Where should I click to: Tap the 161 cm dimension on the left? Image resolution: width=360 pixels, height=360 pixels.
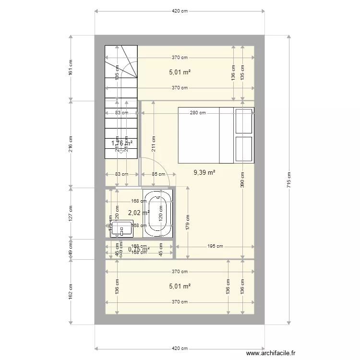pyautogui.click(x=71, y=68)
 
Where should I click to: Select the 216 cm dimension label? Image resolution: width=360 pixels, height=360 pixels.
pyautogui.click(x=71, y=144)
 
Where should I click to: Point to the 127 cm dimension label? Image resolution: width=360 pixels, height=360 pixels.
pyautogui.click(x=71, y=213)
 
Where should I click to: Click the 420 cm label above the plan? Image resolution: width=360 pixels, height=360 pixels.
pyautogui.click(x=180, y=11)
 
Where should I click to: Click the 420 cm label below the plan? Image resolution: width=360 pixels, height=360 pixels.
pyautogui.click(x=180, y=348)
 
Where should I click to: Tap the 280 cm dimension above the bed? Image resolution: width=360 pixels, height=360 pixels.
pyautogui.click(x=198, y=113)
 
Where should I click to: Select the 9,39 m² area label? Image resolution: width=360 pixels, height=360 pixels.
pyautogui.click(x=204, y=172)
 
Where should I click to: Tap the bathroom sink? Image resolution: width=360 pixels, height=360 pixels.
pyautogui.click(x=121, y=228)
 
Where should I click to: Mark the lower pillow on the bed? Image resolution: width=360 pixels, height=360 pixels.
pyautogui.click(x=243, y=149)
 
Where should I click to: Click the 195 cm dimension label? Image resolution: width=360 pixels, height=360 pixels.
pyautogui.click(x=216, y=247)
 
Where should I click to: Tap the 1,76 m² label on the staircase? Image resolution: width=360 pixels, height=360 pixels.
pyautogui.click(x=121, y=143)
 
